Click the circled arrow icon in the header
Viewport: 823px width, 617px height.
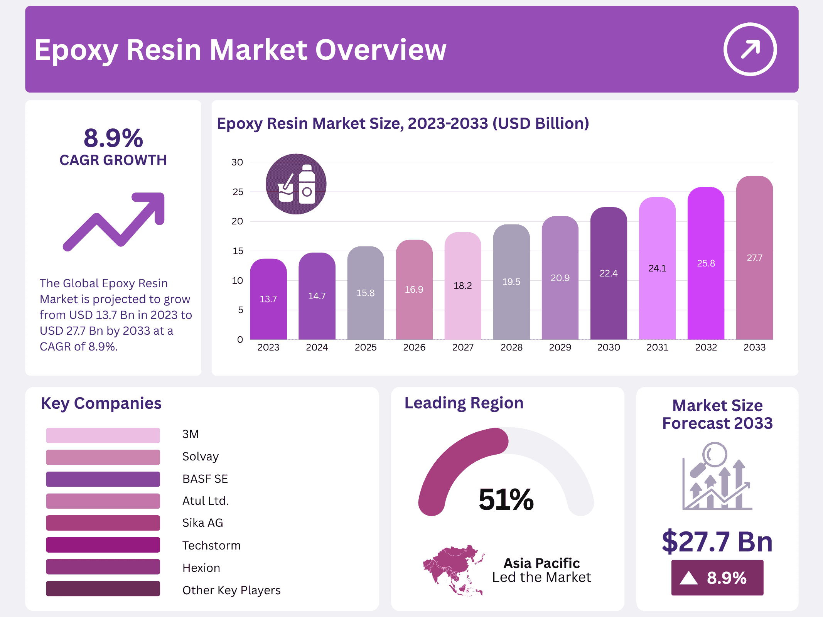tap(750, 49)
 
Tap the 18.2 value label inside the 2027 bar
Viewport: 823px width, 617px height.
tap(462, 286)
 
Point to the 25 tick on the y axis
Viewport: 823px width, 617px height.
tap(238, 192)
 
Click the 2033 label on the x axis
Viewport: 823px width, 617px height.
tap(754, 347)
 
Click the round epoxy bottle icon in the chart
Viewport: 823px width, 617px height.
tap(296, 184)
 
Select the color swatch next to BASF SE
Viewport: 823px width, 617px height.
tap(103, 479)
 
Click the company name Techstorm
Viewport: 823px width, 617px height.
tap(211, 545)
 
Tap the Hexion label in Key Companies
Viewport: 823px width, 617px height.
tap(201, 568)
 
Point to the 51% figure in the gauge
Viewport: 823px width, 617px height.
tap(506, 499)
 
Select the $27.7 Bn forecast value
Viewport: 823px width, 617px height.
tap(717, 541)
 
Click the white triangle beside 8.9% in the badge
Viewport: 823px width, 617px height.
tap(688, 578)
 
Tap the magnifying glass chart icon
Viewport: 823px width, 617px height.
tap(717, 477)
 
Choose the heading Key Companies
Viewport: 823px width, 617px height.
tap(101, 403)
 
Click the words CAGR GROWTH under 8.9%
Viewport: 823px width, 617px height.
tap(113, 160)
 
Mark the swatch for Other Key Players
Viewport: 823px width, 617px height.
tap(103, 589)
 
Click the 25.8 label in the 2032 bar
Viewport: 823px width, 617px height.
tap(706, 263)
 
